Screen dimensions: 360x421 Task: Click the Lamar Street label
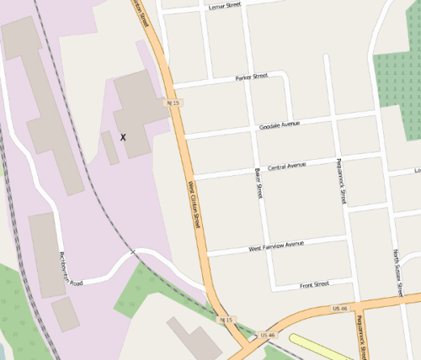(x=224, y=6)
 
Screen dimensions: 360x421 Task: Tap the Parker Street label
(x=251, y=77)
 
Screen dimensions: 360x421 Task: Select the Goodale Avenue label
(x=280, y=124)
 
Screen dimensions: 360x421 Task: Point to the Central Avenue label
(x=286, y=167)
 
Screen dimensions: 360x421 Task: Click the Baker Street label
(x=259, y=183)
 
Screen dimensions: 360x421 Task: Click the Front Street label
(x=315, y=285)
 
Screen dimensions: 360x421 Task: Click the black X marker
(x=124, y=136)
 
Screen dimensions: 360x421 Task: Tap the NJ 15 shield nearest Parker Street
(x=173, y=103)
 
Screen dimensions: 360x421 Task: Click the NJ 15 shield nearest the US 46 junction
(x=225, y=320)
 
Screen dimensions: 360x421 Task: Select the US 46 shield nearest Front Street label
(x=340, y=309)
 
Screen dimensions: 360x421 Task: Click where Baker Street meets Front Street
(x=272, y=289)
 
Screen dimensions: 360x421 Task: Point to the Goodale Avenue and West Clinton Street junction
(x=184, y=135)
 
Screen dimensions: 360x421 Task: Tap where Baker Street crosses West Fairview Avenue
(x=265, y=247)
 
